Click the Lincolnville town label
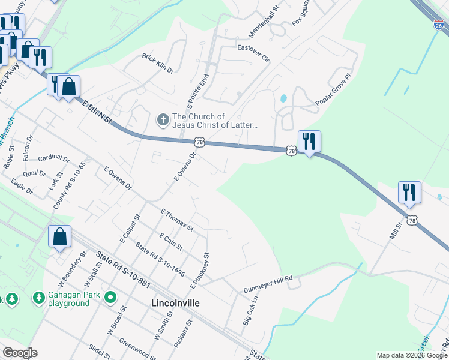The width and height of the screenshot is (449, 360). [175, 303]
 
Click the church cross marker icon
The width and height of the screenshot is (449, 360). [163, 120]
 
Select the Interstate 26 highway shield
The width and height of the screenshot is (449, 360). [439, 25]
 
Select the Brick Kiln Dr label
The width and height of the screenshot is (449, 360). [158, 63]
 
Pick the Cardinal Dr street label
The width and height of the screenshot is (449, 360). [53, 160]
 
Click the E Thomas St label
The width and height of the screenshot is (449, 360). [177, 220]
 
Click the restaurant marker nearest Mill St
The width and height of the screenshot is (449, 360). [409, 193]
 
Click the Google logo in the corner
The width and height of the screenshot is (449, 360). [20, 353]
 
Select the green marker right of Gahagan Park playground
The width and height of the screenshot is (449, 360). [110, 297]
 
